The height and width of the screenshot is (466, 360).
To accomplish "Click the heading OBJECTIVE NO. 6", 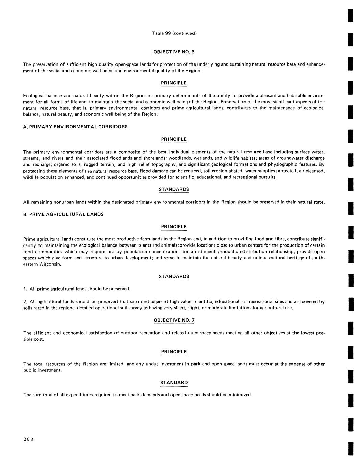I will (x=174, y=52).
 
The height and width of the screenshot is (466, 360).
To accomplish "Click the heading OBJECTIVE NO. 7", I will (x=174, y=320).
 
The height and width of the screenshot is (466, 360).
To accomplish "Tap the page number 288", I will (x=28, y=439).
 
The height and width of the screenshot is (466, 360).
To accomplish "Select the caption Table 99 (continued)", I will (x=174, y=33).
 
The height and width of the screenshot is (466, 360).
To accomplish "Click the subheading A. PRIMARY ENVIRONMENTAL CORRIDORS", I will (x=75, y=127).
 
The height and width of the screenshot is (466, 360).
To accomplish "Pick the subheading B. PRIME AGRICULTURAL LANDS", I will (x=63, y=214).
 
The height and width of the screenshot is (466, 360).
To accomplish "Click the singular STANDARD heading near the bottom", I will (x=174, y=383).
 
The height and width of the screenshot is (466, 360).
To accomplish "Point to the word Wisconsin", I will (x=49, y=264).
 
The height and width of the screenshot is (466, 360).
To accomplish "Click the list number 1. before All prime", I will (x=25, y=289).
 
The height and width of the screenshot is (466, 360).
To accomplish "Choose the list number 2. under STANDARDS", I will (x=25, y=302).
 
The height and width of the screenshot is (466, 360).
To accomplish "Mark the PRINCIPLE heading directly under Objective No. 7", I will (x=174, y=352).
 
